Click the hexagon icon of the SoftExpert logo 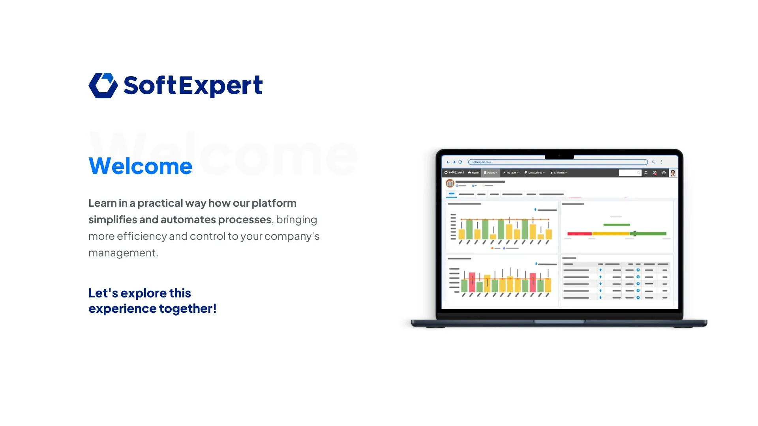103,85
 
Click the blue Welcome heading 140,166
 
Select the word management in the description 122,253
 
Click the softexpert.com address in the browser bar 482,162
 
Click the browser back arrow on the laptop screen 448,162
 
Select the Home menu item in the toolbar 473,173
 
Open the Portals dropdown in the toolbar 490,173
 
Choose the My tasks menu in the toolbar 511,173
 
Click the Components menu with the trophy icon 535,173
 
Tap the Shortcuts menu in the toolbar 559,173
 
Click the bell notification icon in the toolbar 646,173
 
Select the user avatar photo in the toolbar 673,173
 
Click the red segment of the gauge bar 579,234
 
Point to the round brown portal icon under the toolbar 450,183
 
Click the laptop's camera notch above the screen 559,156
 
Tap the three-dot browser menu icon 662,162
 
